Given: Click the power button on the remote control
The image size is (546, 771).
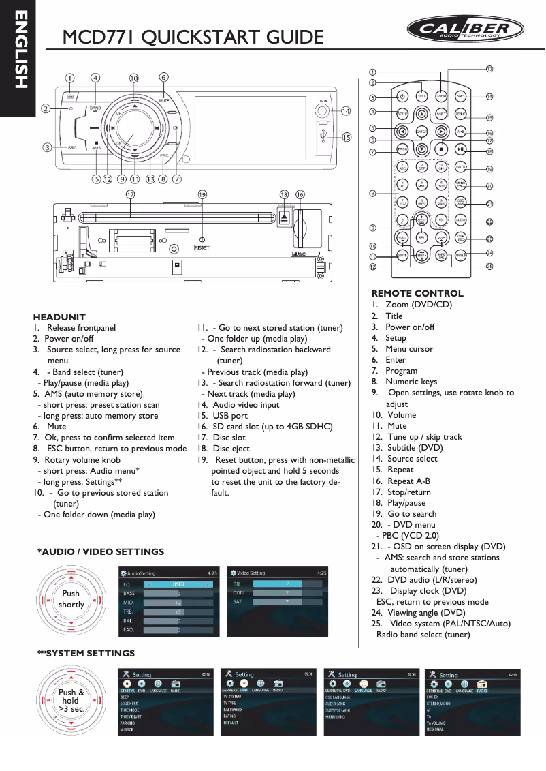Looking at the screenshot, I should pos(402,96).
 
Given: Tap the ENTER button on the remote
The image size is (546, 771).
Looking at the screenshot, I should pos(421,132).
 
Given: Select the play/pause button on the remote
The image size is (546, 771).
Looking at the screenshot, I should pos(461,149).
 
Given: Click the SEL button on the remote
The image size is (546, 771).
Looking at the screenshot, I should pos(422,237).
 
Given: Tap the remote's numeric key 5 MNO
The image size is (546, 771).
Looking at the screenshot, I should pos(422,185).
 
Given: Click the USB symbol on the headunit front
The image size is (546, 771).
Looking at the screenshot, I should pos(323,136).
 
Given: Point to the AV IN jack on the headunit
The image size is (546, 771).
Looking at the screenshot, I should pos(323,110).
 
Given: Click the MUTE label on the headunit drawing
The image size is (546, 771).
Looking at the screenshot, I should pos(164,101).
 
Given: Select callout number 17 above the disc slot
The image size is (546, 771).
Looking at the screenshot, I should pos(130,194).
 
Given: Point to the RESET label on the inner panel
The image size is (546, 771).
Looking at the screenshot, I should pos(202,247).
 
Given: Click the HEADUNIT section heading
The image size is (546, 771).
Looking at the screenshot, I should pos(59,317).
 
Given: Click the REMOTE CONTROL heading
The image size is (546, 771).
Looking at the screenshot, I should pos(417,294).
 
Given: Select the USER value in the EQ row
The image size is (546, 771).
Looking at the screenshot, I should pos(178,584).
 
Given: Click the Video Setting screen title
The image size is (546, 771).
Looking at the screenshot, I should pos(251,573).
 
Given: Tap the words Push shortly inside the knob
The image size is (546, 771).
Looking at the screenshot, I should pos(71,599).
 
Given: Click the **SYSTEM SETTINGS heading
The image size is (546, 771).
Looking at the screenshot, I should pos(86,653).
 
